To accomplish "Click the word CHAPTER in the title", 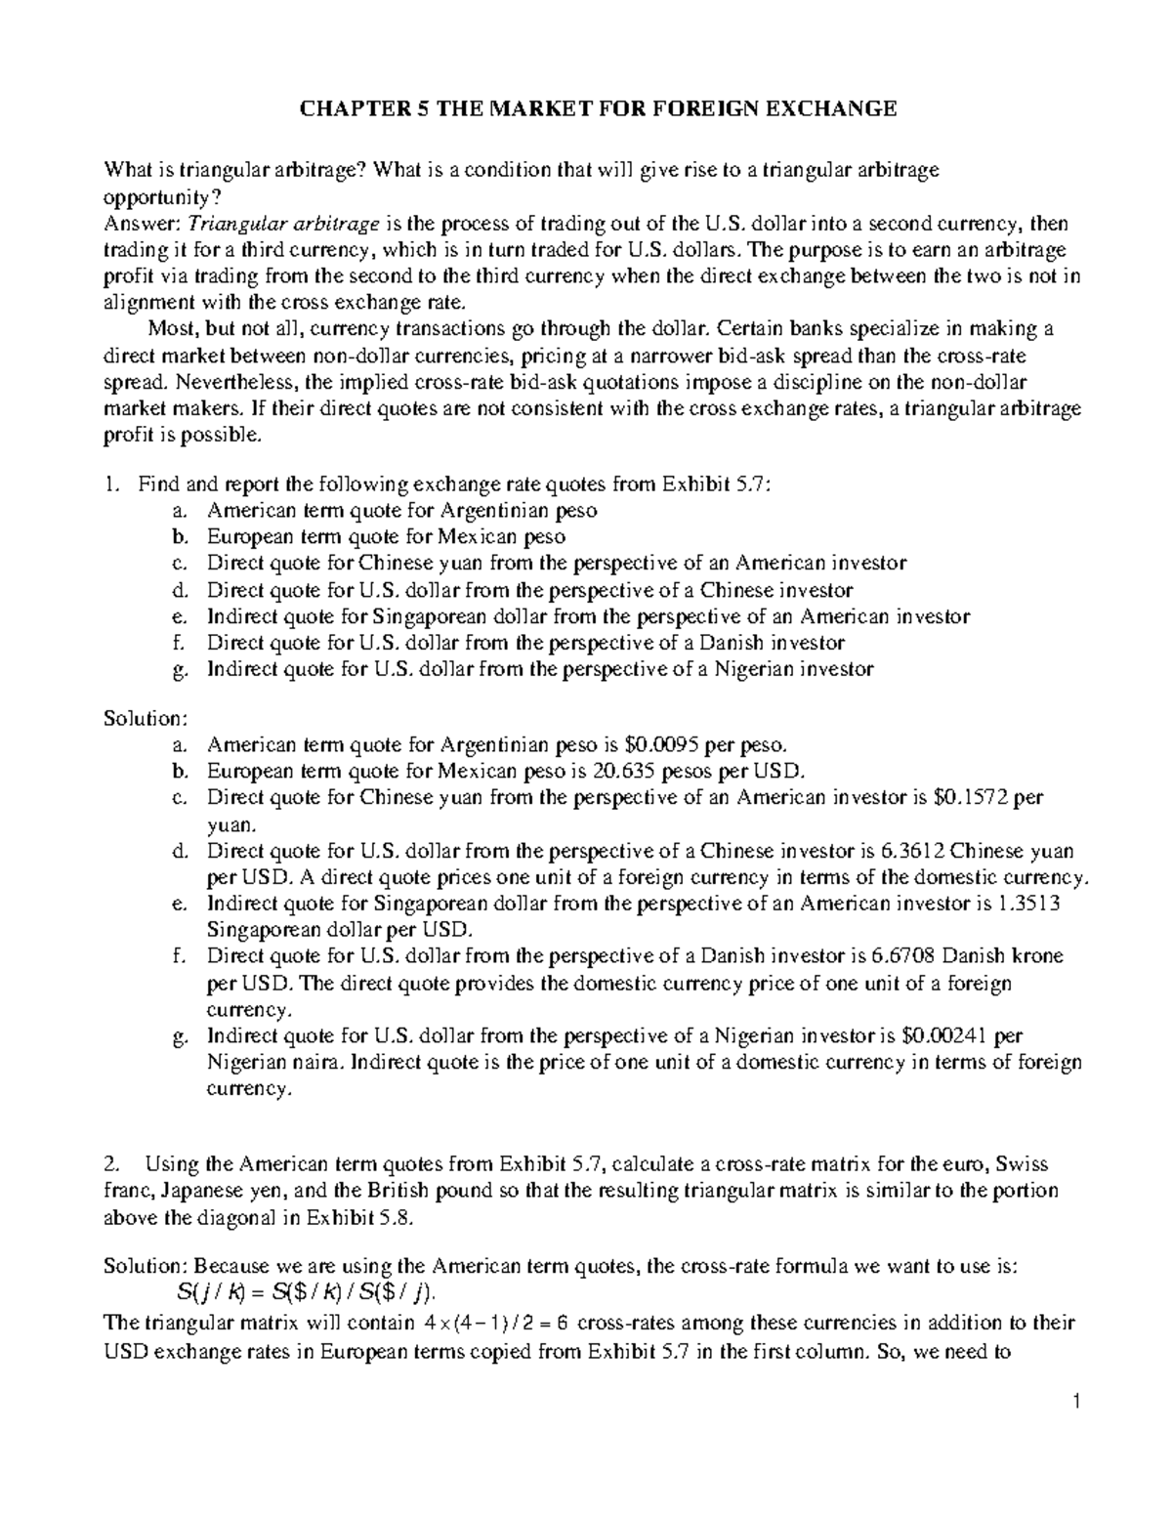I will click(353, 108).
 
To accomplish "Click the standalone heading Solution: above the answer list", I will click(145, 718).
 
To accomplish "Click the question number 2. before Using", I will click(113, 1164).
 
